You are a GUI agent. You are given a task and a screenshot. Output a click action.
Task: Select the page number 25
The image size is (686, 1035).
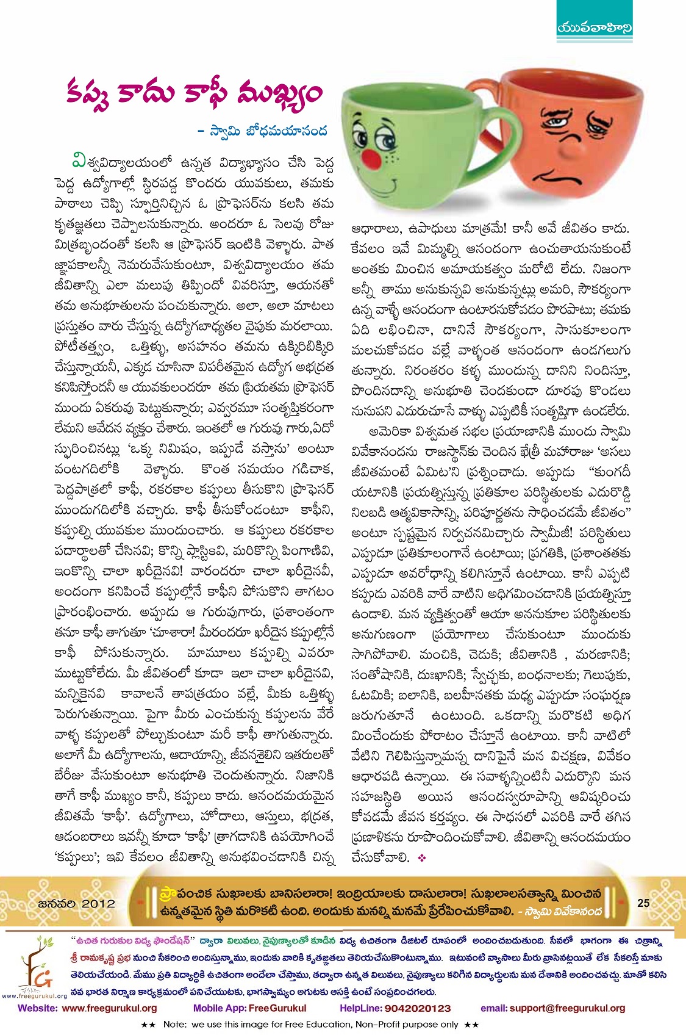pos(643,903)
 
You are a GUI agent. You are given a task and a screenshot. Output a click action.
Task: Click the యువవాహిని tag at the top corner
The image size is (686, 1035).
pos(595,27)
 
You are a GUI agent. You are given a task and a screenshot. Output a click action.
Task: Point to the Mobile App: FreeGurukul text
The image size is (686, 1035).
pos(249,1008)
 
